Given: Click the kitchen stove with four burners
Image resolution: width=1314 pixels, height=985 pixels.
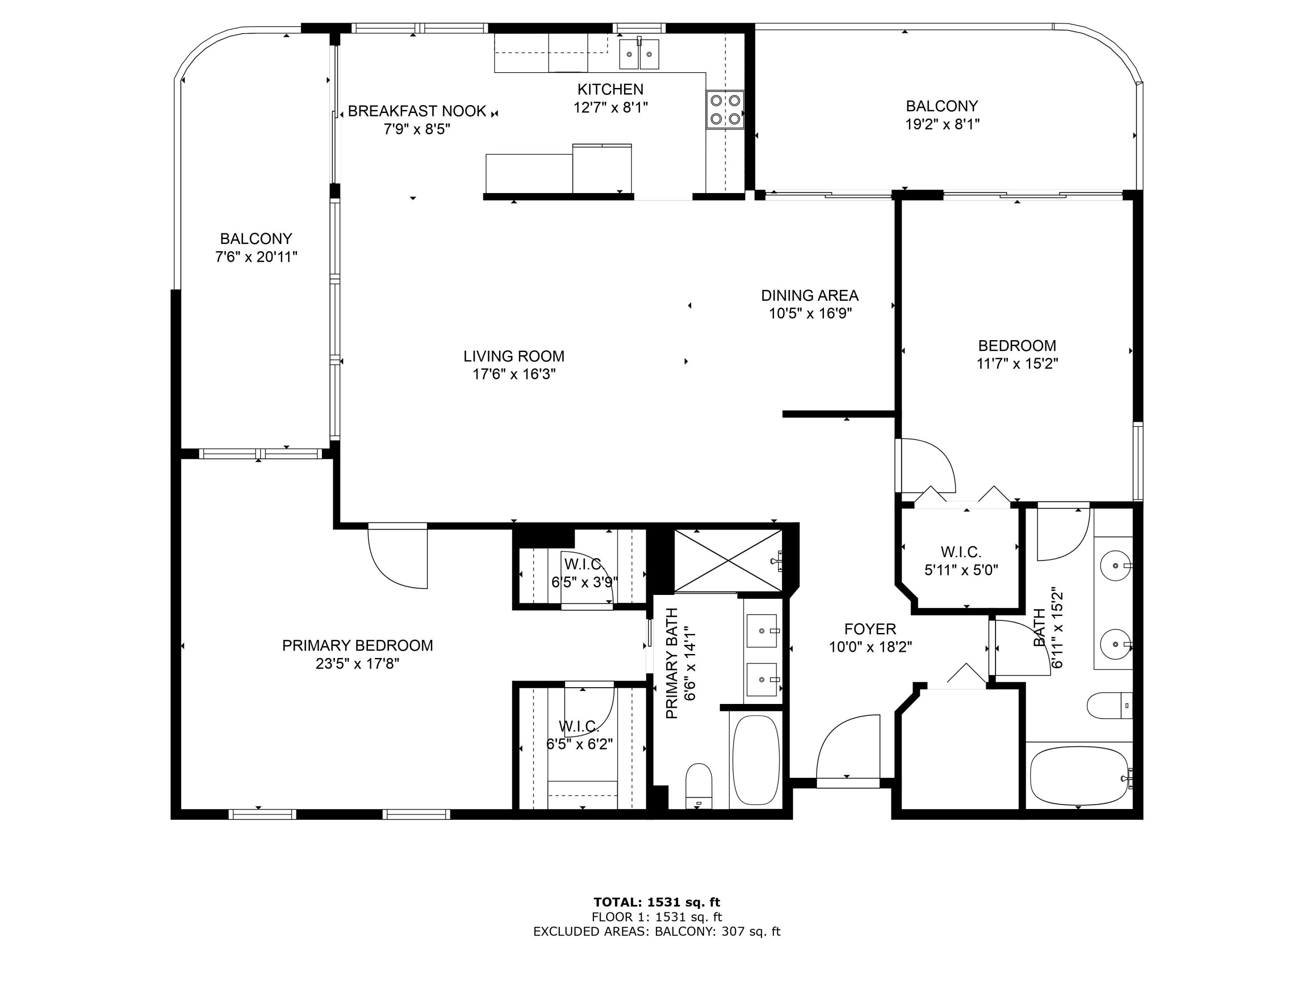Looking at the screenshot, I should pos(725,110).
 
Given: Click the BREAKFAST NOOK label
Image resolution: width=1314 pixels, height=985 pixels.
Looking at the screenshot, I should pos(417,111).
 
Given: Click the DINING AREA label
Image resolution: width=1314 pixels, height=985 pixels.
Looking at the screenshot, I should pos(810,295).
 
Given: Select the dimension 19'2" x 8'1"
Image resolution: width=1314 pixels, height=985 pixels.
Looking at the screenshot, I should pos(942,124).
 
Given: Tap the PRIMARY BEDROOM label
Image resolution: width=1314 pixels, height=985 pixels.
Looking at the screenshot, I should pos(357,645).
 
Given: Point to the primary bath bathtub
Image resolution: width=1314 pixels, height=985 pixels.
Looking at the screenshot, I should pos(756,760).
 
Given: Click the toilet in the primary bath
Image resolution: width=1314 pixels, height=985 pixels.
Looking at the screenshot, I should pos(699,784).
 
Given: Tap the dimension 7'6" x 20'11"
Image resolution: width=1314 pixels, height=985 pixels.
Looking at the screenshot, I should pos(256,257).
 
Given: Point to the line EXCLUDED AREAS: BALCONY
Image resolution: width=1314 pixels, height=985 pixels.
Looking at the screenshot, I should pos(657,932).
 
